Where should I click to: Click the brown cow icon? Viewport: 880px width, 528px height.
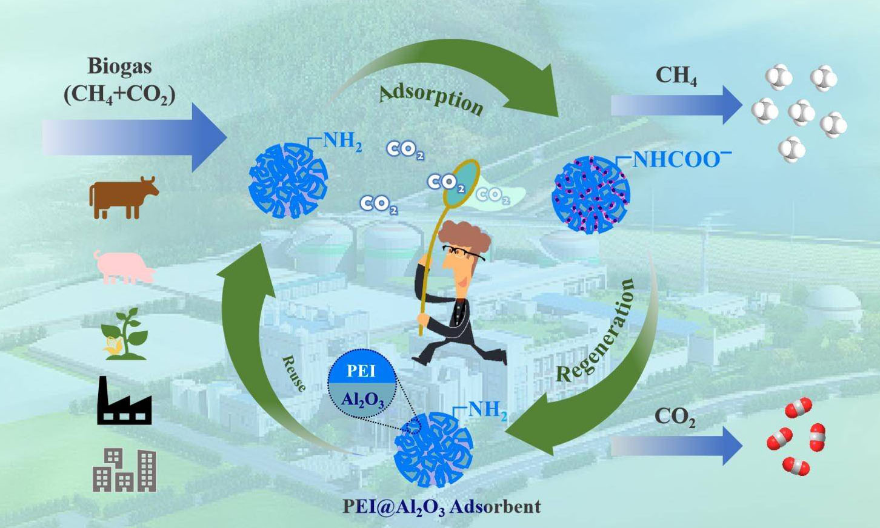tap(123, 197)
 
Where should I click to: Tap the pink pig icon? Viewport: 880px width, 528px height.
tap(124, 266)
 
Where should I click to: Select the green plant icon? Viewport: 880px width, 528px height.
tap(124, 334)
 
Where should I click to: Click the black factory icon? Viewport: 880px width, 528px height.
tap(124, 401)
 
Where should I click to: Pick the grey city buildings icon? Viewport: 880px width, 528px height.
tap(124, 470)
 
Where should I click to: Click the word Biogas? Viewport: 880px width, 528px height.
tap(119, 66)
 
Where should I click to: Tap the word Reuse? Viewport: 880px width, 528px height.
tap(294, 374)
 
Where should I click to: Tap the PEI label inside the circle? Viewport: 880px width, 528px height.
tap(361, 370)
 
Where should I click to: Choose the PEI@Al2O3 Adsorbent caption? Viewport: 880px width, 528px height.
tap(441, 506)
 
